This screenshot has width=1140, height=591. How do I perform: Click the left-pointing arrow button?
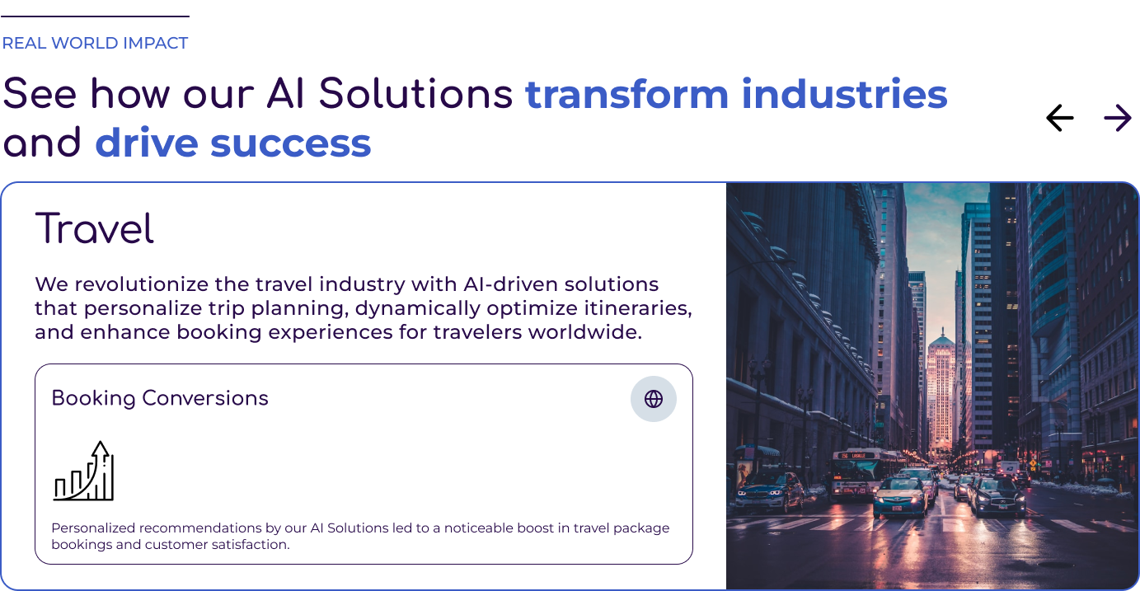1059,118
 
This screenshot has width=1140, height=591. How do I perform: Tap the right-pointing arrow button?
1118,118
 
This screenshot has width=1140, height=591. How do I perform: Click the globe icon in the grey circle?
654,399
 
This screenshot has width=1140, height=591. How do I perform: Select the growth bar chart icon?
84,471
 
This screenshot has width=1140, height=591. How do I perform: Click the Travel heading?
94,228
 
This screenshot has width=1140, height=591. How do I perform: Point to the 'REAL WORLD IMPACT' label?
95,43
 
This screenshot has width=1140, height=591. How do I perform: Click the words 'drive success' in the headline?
233,143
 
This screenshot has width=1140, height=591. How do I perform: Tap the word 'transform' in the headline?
627,94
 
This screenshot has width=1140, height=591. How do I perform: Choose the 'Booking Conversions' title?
160,398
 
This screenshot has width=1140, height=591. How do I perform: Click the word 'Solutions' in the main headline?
415,94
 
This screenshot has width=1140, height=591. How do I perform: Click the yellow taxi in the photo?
900,496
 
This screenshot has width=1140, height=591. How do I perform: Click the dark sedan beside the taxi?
997,496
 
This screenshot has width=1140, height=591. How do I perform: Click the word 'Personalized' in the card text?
93,528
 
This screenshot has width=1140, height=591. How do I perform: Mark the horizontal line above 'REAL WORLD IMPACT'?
95,16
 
